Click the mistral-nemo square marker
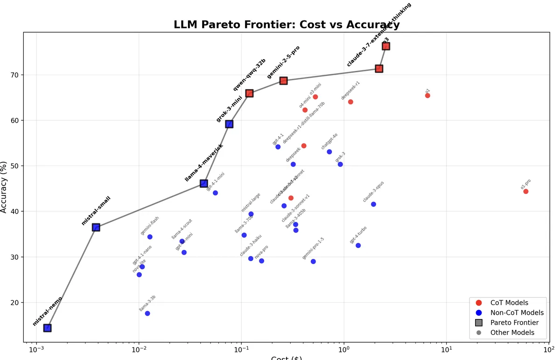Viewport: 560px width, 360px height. click(47, 328)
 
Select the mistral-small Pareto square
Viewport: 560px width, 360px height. click(96, 227)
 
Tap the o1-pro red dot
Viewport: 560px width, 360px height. click(525, 191)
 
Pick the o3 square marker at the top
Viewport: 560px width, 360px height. click(386, 46)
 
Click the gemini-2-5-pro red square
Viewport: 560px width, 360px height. click(283, 81)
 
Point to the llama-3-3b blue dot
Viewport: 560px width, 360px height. click(147, 313)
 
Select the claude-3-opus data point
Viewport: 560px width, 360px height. click(373, 204)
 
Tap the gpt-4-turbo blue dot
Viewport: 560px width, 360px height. click(358, 245)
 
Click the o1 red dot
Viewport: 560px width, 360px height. click(427, 96)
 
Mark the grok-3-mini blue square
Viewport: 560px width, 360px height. click(229, 124)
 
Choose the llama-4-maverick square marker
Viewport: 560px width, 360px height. click(204, 184)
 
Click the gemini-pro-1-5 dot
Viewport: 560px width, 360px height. click(313, 262)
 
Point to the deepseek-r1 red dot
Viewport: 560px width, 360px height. click(350, 102)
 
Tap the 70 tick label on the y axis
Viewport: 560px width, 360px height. click(15, 75)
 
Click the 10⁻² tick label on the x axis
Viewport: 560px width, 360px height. click(139, 350)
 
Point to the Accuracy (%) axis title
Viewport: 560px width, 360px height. click(4, 187)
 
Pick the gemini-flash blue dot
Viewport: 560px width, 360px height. click(150, 237)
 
